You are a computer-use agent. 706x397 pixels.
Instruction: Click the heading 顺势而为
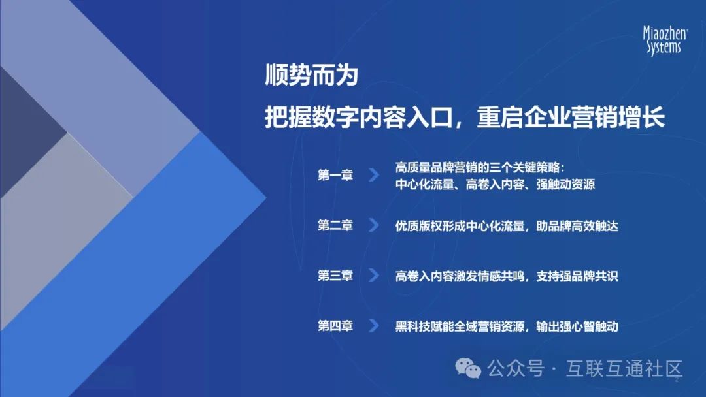click(312, 76)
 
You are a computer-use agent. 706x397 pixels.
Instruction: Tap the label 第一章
click(335, 175)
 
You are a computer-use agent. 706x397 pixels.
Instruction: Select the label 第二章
click(335, 225)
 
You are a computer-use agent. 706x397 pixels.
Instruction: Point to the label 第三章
click(335, 276)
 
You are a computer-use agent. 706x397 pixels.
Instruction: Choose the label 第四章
click(335, 326)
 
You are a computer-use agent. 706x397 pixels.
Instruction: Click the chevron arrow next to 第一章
click(373, 175)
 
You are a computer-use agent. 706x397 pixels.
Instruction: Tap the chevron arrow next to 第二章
click(373, 225)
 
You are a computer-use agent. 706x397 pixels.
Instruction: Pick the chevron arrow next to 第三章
click(373, 276)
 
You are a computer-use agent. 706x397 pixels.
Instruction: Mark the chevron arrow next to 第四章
click(373, 326)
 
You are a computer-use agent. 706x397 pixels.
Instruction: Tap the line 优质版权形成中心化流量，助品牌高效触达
click(507, 226)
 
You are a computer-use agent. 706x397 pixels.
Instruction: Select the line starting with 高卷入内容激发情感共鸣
click(507, 276)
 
